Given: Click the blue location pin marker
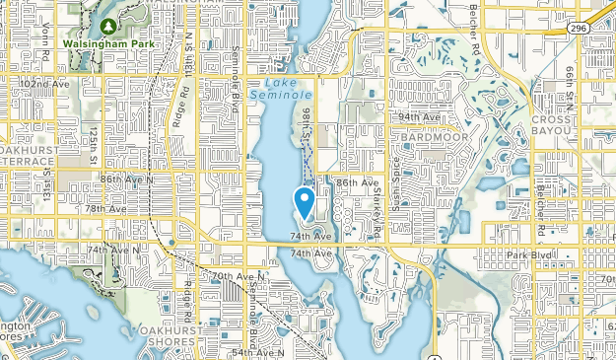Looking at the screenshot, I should click(306, 202).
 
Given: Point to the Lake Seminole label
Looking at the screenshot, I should click(276, 90).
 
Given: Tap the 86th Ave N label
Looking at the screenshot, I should click(126, 180).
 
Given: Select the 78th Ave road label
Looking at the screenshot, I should click(104, 208).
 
